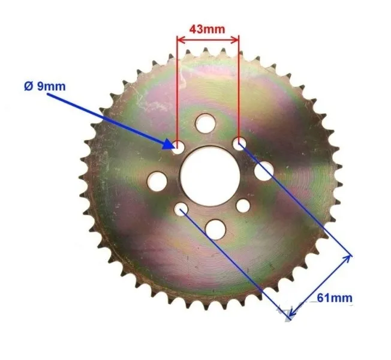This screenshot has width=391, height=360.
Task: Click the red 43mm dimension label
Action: point(207,29)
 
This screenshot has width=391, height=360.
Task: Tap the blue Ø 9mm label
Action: point(45,86)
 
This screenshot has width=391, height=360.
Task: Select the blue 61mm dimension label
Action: point(335,298)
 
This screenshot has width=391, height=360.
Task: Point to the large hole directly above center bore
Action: point(205,123)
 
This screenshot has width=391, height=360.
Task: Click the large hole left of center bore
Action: point(157,181)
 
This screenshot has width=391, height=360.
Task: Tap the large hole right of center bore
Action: point(264,171)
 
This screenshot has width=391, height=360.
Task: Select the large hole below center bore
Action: point(215,229)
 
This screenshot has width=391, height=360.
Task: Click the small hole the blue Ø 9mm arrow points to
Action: point(178,147)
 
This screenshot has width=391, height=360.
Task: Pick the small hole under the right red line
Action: point(239,144)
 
